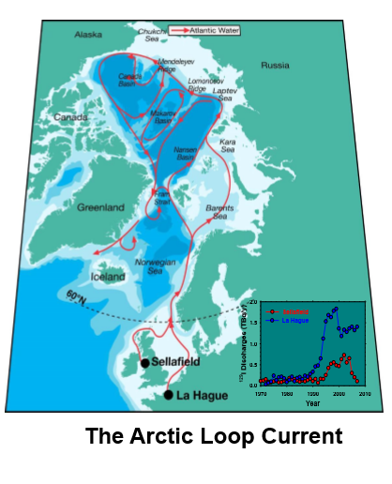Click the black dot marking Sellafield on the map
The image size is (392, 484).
coord(144,363)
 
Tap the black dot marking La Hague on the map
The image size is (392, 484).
coord(168,395)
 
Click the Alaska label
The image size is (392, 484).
coord(90,35)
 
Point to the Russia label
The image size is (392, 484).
coord(276,66)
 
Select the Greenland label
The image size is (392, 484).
coord(100,206)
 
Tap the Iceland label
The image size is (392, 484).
coord(107,278)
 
